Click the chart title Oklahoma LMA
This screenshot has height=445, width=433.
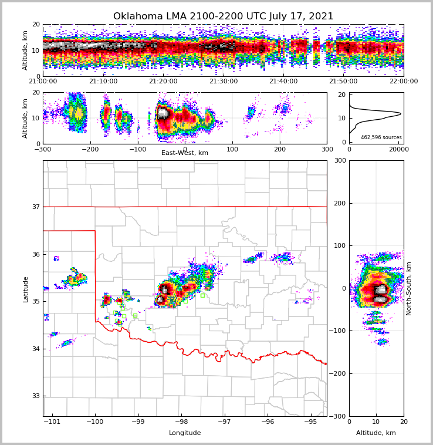coord(223,16)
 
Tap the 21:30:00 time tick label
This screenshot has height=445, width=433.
coord(223,82)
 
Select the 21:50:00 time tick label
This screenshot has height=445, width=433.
coord(343,82)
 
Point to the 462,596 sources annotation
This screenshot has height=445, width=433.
coord(381,137)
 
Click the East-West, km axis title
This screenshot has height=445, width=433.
coord(185,153)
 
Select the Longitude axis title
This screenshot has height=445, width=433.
coord(185,433)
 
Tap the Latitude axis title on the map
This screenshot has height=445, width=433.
coord(26,289)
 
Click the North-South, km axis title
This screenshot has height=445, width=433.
coord(409,289)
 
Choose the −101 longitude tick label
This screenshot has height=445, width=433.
coord(52,422)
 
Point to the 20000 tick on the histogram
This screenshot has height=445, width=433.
coord(399,150)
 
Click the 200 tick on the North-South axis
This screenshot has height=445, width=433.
coord(339,203)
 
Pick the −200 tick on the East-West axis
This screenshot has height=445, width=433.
coord(90,149)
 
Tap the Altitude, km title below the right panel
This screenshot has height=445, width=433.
coord(376,433)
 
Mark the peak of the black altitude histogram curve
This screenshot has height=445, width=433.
coord(401,113)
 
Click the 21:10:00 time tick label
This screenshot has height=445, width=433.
coord(103,82)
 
